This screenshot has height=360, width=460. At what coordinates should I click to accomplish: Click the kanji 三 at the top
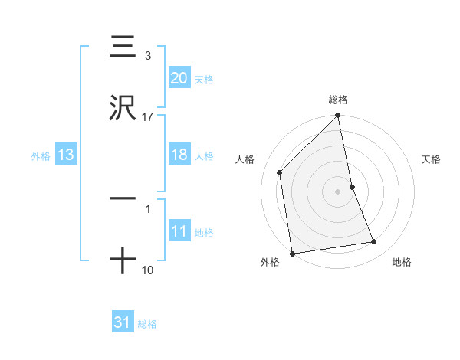123,46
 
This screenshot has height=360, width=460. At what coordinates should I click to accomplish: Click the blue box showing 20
179,78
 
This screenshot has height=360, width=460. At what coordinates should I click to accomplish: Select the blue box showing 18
179,155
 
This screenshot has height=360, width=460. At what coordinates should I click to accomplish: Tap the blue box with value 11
179,231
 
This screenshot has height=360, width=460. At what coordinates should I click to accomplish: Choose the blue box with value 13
65,155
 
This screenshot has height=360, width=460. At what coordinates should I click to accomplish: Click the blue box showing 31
122,322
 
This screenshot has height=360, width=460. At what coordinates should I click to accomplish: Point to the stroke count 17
148,117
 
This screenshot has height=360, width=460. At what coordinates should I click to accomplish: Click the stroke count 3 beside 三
148,56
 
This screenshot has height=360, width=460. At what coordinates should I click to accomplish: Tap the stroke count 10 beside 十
148,270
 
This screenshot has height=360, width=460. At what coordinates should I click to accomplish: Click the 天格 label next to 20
204,79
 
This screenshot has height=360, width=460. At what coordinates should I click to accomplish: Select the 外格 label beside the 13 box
41,155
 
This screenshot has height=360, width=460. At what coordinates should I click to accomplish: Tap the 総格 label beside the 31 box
147,324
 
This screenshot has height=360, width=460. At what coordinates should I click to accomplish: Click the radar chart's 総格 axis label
338,100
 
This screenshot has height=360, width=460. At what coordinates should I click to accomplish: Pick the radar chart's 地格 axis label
402,263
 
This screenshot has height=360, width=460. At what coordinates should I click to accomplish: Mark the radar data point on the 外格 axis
291,253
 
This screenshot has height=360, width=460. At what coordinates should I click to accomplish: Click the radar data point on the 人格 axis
280,172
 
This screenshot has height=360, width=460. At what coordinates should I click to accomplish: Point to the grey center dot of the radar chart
338,191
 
